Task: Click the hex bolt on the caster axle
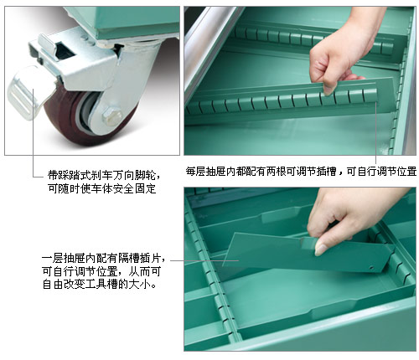[x=112, y=116]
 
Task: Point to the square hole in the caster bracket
[x=65, y=50]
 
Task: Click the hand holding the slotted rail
[x=342, y=50]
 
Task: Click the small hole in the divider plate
[x=371, y=268]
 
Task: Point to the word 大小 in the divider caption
[x=140, y=284]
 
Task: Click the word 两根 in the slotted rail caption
[x=276, y=171]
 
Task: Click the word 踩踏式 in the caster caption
[x=75, y=175]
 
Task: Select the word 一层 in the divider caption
[x=53, y=258]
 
